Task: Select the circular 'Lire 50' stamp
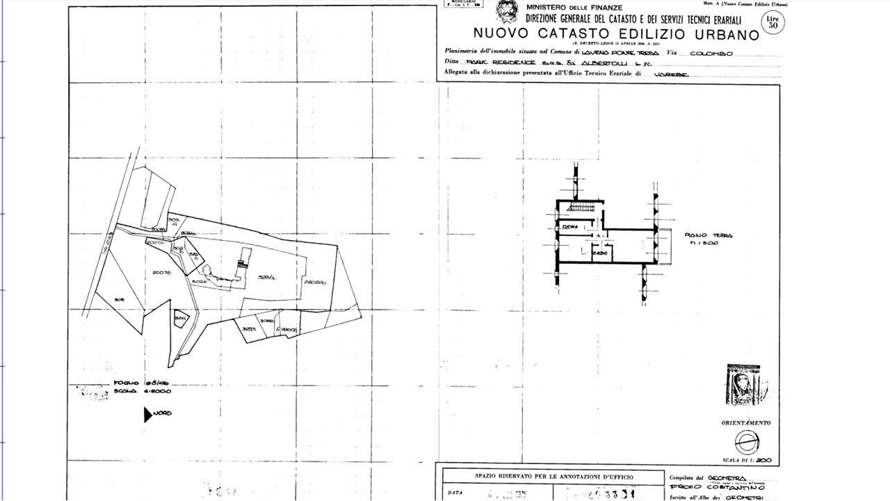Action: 771,22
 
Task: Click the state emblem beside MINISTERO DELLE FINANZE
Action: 506,12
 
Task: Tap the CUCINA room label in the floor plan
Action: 569,227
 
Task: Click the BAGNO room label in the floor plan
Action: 599,253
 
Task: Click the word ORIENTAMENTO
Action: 745,423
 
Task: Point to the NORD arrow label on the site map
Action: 162,413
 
